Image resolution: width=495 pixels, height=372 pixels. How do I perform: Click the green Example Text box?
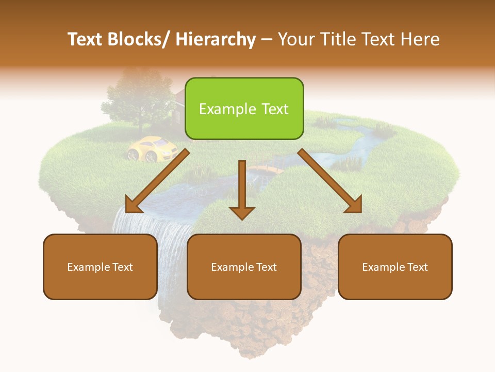point(244,109)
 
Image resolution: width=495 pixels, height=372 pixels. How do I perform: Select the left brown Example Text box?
point(100,267)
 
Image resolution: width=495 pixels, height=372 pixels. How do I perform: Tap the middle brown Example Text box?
point(244,267)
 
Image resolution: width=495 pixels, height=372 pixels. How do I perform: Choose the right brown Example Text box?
point(395,267)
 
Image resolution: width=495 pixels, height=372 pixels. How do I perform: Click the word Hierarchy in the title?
point(216,39)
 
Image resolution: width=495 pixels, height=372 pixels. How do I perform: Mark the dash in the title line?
point(267,40)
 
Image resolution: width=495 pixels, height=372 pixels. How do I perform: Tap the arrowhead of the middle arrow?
point(242,212)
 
